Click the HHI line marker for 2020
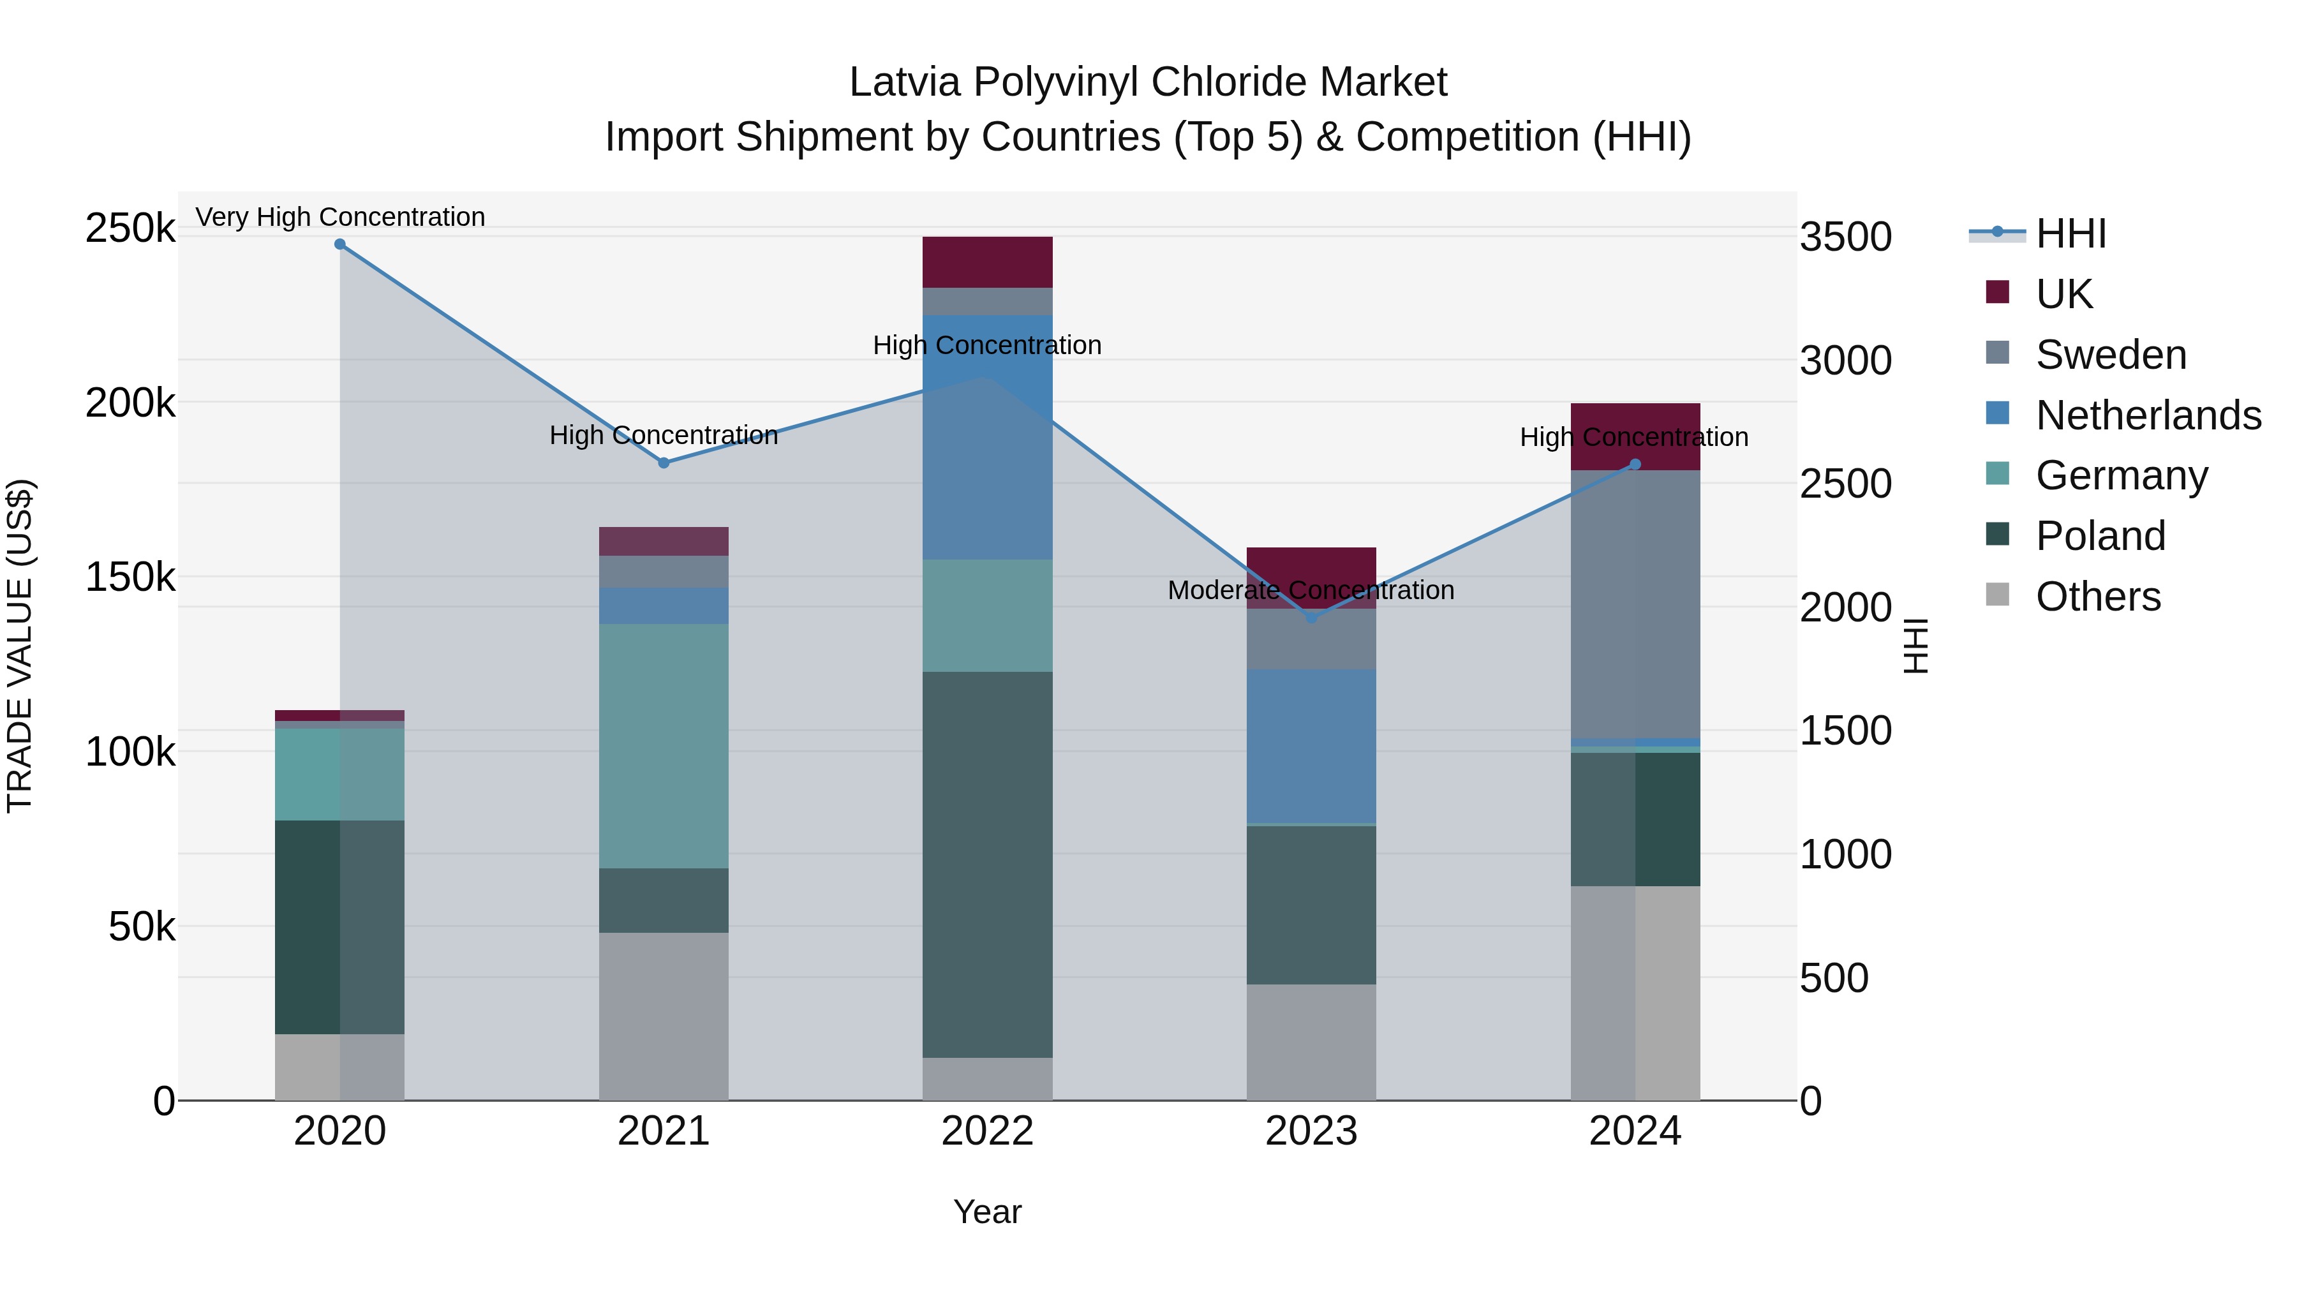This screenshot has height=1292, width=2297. (339, 244)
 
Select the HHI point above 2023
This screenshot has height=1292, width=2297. (1311, 617)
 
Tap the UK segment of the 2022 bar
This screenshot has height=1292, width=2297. (987, 262)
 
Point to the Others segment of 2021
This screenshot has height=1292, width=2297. (664, 1016)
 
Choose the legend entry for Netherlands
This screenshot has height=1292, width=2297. (2147, 415)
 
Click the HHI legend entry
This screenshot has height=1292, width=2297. (2070, 234)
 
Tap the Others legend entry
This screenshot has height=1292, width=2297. (2097, 597)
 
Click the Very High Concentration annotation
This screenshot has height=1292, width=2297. (339, 217)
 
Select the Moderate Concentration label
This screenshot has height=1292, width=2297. (1311, 590)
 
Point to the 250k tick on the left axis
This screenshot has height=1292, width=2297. (130, 228)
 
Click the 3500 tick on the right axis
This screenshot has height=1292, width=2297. (1845, 237)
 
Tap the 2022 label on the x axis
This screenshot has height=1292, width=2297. (987, 1131)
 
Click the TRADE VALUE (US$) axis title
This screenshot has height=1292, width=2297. (20, 646)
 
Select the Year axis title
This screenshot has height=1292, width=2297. (987, 1212)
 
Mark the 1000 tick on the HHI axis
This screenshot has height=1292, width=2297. (1845, 854)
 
